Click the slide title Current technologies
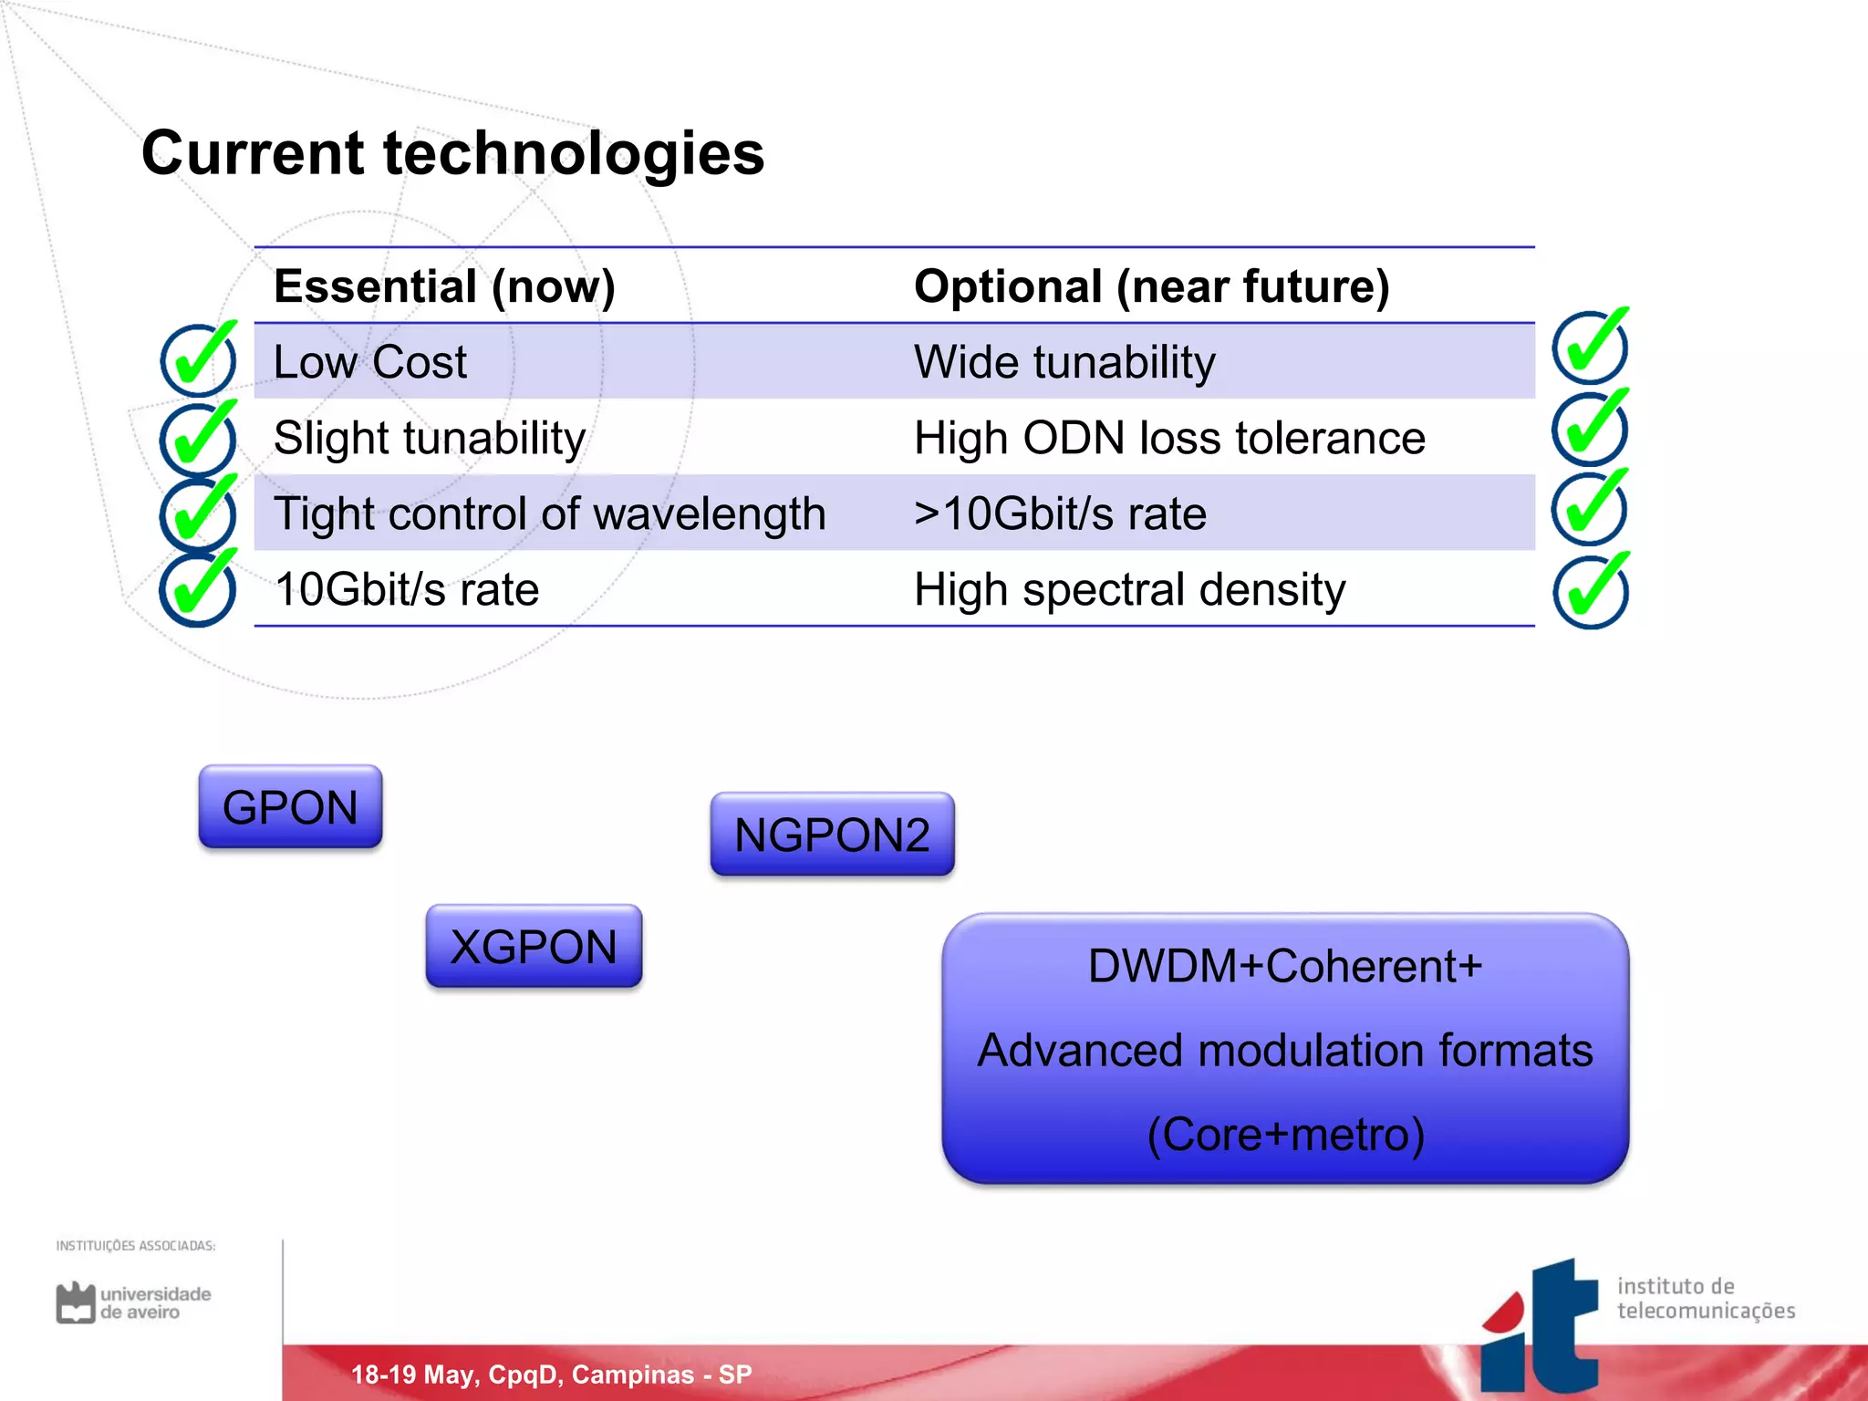[452, 152]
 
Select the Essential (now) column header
[444, 286]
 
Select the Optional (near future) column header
[1151, 286]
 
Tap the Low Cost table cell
[369, 362]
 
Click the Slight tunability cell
[429, 438]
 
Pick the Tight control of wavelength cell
[549, 514]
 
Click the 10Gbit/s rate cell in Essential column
[406, 589]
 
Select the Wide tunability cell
[1064, 362]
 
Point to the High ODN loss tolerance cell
[1168, 438]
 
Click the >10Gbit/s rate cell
[1060, 514]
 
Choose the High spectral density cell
[1129, 589]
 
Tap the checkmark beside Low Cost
[199, 358]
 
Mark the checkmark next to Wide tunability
[1591, 346]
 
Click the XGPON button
[534, 946]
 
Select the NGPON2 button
[832, 834]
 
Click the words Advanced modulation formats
[1284, 1050]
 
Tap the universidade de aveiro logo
[133, 1302]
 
